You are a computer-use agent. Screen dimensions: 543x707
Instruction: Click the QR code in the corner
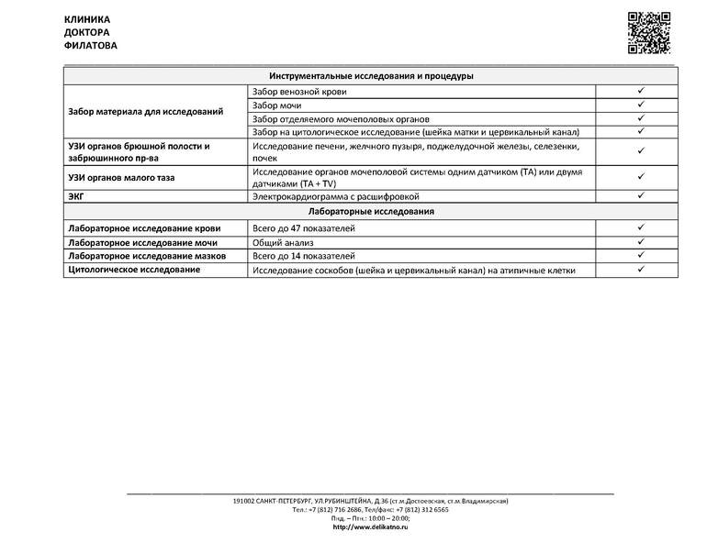click(648, 34)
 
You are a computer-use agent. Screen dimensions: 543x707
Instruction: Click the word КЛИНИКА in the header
click(87, 19)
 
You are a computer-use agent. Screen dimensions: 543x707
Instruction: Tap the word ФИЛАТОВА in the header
click(91, 45)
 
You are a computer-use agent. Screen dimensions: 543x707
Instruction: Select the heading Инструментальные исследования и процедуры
click(371, 76)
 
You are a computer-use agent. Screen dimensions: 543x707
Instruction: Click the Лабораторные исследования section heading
click(371, 212)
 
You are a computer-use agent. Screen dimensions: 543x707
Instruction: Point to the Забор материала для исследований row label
click(146, 112)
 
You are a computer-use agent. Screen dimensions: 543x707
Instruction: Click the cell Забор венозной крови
click(299, 92)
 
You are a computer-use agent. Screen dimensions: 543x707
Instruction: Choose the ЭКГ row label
click(78, 196)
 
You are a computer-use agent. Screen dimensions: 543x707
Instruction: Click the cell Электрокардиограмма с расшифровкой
click(336, 196)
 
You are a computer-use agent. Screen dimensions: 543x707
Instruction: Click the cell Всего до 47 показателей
click(304, 228)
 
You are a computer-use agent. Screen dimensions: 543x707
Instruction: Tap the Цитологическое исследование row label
click(134, 271)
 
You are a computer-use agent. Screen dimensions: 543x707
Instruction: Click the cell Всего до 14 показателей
click(304, 256)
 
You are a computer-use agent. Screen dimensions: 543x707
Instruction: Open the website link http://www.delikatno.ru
click(370, 527)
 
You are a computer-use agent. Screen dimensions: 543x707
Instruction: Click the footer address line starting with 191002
click(370, 501)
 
